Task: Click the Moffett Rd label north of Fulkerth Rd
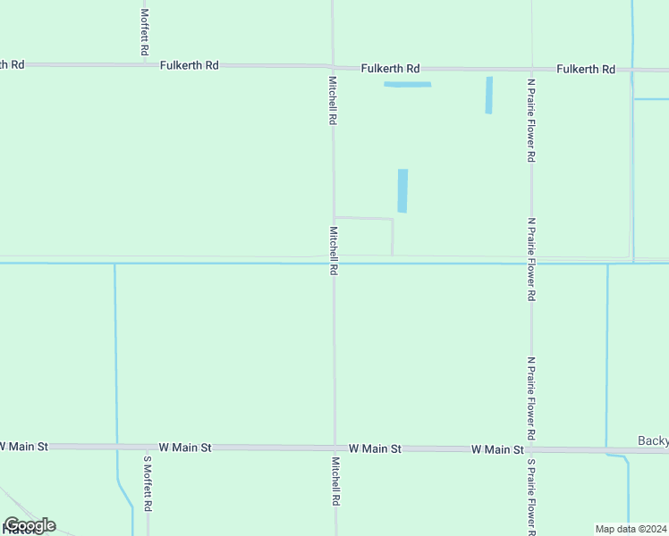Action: [145, 32]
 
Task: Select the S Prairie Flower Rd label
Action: [530, 497]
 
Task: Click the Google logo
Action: [30, 525]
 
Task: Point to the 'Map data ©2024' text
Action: [631, 528]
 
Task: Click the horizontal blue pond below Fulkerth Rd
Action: [407, 85]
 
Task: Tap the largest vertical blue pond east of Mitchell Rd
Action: [402, 190]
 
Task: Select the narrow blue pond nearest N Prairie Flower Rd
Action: [488, 95]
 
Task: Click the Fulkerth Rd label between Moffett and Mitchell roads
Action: [190, 65]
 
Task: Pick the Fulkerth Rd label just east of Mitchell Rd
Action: [390, 68]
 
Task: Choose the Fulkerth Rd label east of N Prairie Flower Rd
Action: [585, 69]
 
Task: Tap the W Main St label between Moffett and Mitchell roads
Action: [185, 447]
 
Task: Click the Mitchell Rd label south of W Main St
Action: [335, 482]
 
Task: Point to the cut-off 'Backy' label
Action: [653, 440]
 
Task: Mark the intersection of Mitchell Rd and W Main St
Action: [334, 448]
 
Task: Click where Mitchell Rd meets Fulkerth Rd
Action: [333, 67]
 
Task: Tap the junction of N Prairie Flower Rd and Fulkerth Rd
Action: [531, 69]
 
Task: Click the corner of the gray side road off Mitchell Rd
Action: [392, 219]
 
